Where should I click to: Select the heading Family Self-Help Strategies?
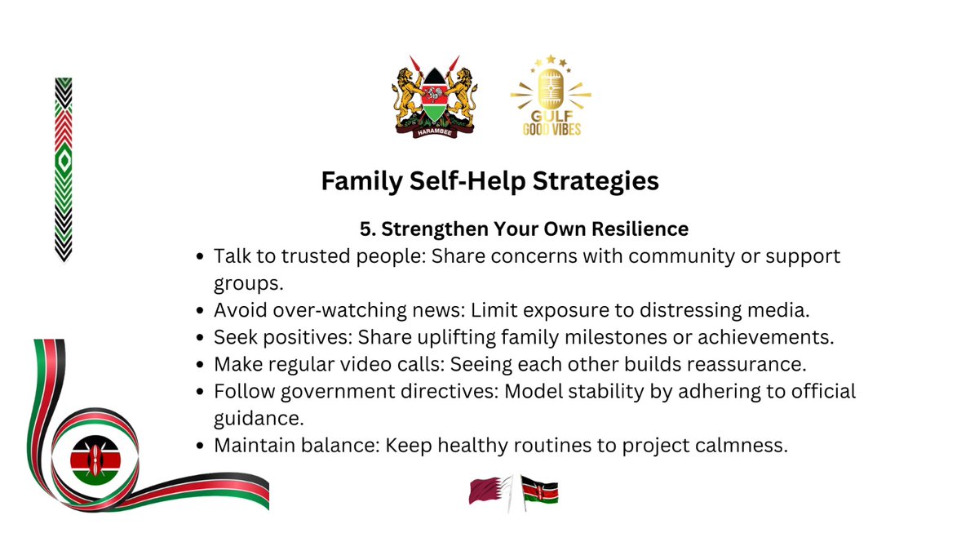coord(489,180)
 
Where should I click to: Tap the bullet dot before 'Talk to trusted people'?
coord(201,257)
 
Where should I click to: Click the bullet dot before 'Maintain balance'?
coord(201,447)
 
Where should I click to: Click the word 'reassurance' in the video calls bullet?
coord(727,363)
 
